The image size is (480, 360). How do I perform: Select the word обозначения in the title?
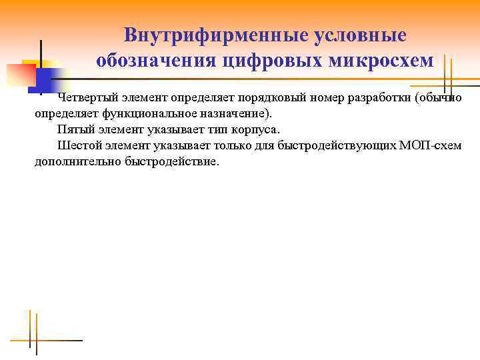pyautogui.click(x=155, y=61)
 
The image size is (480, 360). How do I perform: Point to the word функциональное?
pyautogui.click(x=143, y=113)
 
